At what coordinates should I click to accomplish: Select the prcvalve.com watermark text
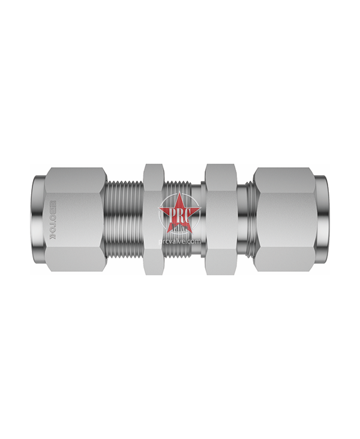click(x=178, y=241)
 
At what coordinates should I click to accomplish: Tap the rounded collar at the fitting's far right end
click(x=322, y=219)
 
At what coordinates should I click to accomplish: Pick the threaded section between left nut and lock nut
click(x=125, y=219)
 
